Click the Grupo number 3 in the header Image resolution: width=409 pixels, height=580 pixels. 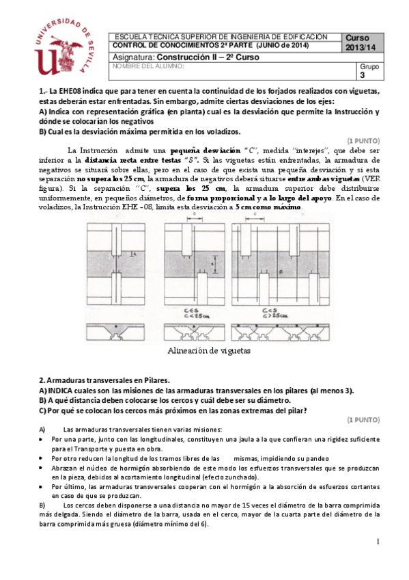[x=363, y=76]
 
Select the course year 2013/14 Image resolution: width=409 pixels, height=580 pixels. [x=361, y=47]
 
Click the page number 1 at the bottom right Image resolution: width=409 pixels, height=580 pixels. [x=377, y=541]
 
